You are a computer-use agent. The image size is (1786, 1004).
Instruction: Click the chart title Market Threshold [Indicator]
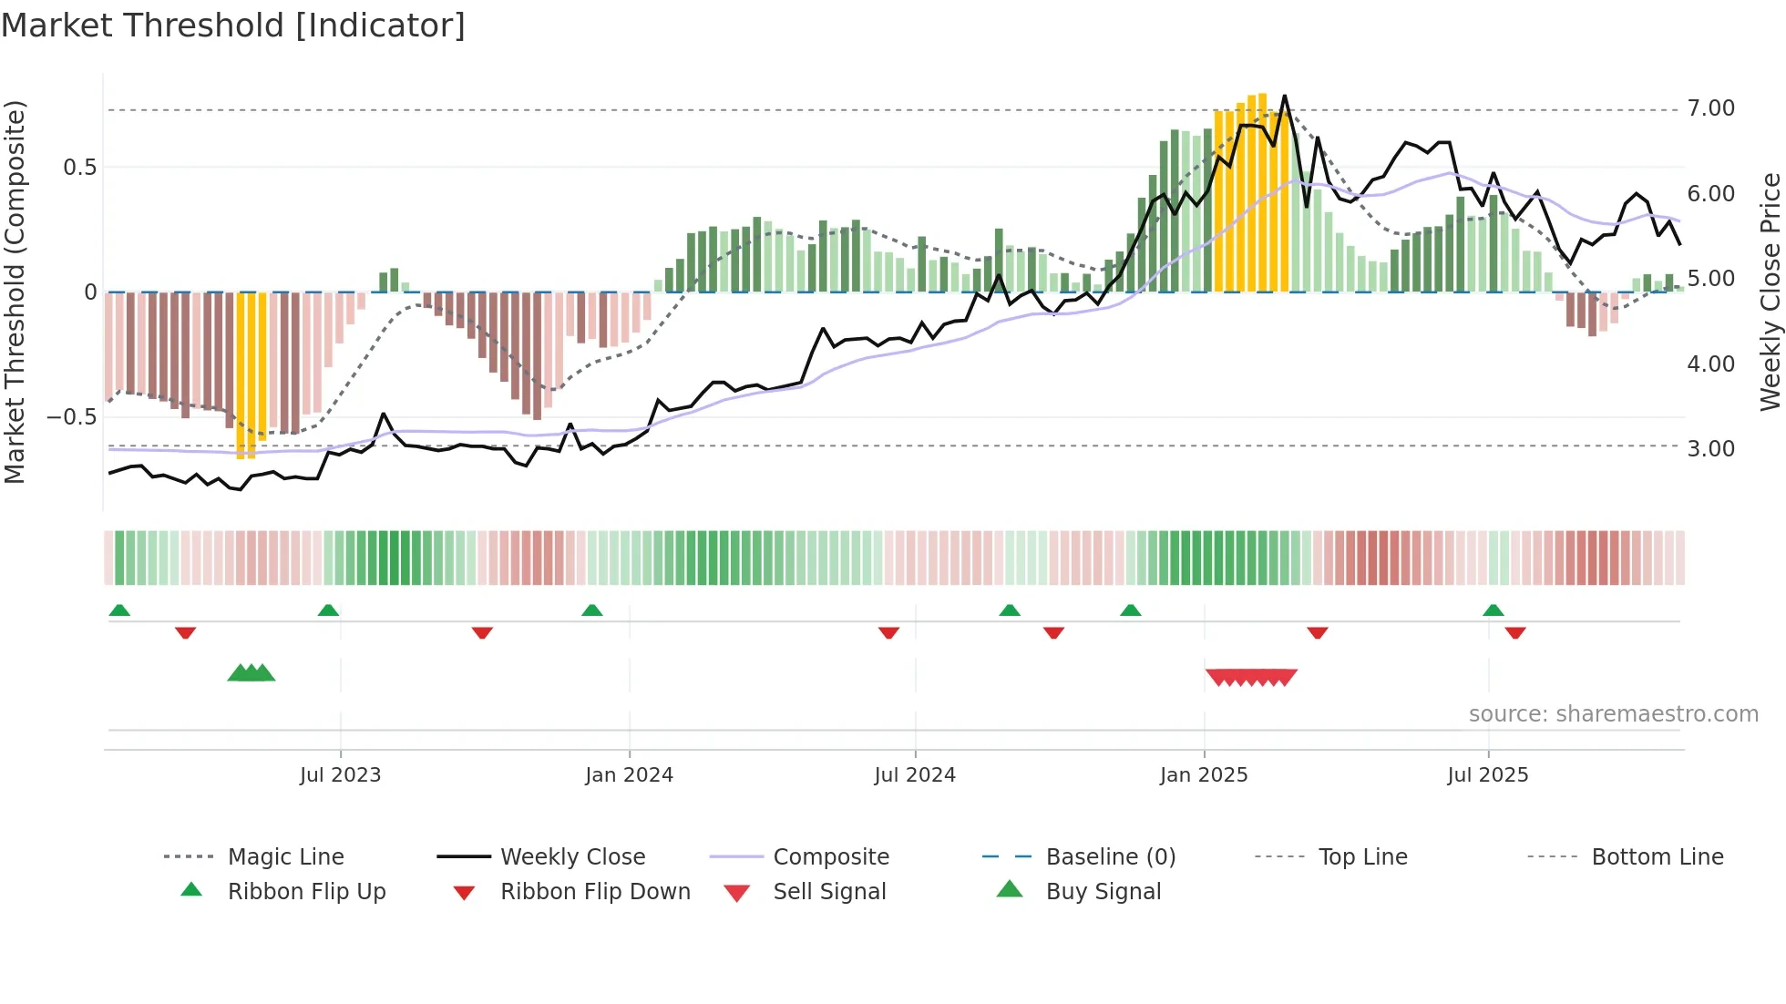(x=233, y=26)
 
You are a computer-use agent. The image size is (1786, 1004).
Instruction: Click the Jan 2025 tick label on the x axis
(x=1203, y=775)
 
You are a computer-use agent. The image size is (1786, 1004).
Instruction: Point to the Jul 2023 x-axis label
(x=340, y=775)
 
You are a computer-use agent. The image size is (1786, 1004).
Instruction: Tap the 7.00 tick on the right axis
(x=1710, y=108)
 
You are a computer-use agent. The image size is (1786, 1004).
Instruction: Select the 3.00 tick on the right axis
(x=1710, y=449)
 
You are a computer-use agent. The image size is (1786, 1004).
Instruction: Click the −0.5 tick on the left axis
(x=71, y=417)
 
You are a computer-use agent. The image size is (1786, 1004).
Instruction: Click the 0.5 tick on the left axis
(x=79, y=168)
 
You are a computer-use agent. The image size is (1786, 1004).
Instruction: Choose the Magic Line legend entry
(x=285, y=857)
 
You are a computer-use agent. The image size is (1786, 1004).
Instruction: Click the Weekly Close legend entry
(x=572, y=857)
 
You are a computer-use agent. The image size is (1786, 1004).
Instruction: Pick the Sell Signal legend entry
(x=828, y=892)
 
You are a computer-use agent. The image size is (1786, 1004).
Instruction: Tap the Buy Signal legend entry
(x=1103, y=892)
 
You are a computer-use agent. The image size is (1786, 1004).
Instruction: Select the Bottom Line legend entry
(x=1657, y=857)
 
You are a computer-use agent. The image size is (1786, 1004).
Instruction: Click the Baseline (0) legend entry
(x=1110, y=857)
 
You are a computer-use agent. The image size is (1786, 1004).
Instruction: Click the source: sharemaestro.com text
(x=1613, y=714)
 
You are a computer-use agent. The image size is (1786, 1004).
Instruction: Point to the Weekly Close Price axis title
(x=1770, y=292)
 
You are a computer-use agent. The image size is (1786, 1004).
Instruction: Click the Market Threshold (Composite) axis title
(x=15, y=292)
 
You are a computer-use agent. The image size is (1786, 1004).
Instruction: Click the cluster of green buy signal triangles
(x=251, y=673)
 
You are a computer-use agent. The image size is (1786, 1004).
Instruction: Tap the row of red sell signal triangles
(x=1250, y=677)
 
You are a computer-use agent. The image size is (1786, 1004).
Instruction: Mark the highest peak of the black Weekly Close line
(x=1284, y=96)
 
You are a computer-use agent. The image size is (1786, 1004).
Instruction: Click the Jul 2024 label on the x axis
(x=914, y=775)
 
